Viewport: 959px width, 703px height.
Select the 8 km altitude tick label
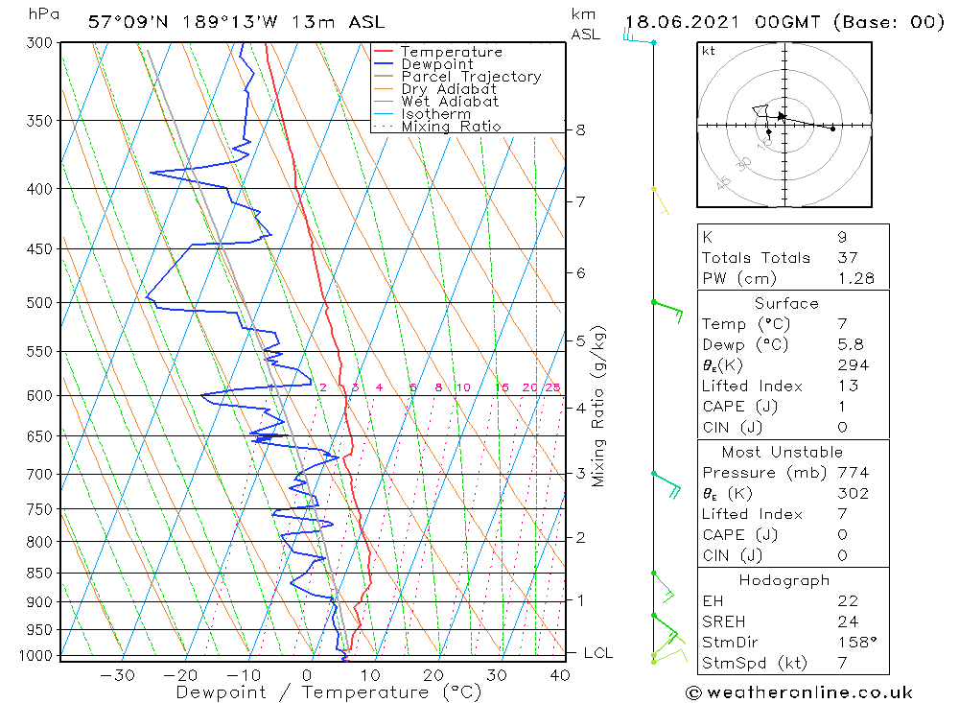click(581, 129)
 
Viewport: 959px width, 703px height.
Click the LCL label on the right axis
click(597, 653)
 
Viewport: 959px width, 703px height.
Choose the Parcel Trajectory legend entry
click(471, 77)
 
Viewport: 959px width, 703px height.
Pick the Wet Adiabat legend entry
click(450, 102)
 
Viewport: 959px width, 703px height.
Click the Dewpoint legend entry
click(436, 64)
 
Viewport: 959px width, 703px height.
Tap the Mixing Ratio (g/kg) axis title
click(598, 407)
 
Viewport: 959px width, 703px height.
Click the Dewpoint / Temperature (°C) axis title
click(328, 692)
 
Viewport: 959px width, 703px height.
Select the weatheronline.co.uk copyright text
click(799, 692)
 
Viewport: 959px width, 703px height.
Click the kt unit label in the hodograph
click(709, 51)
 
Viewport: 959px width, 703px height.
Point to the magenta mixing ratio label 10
click(462, 387)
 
